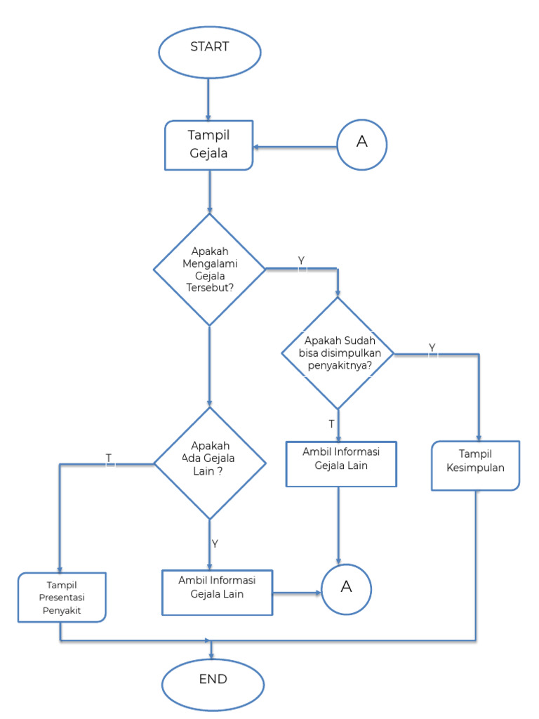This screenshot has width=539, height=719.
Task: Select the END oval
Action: pyautogui.click(x=213, y=680)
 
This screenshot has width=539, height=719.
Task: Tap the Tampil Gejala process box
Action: pyautogui.click(x=208, y=145)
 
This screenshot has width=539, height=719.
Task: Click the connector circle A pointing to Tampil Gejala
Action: pyautogui.click(x=361, y=143)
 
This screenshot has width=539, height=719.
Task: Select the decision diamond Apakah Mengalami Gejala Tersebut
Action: pyautogui.click(x=209, y=270)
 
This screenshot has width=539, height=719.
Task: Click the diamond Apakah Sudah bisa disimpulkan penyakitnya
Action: pyautogui.click(x=338, y=353)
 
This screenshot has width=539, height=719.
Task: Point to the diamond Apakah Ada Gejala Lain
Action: pyautogui.click(x=209, y=463)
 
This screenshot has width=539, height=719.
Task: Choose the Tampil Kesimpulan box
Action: pyautogui.click(x=475, y=465)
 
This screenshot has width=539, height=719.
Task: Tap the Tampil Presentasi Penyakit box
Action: pyautogui.click(x=62, y=597)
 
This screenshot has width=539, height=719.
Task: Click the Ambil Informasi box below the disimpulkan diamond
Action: pyautogui.click(x=341, y=463)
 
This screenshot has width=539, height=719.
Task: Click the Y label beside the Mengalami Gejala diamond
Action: pyautogui.click(x=301, y=260)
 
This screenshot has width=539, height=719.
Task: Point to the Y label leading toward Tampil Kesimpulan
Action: pyautogui.click(x=432, y=348)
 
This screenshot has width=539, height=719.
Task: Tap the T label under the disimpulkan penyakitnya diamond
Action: pyautogui.click(x=331, y=424)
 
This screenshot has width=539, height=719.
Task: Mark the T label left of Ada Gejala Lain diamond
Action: pyautogui.click(x=108, y=458)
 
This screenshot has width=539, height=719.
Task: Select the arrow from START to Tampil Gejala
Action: pyautogui.click(x=208, y=98)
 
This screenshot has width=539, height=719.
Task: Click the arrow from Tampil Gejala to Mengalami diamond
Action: pyautogui.click(x=209, y=191)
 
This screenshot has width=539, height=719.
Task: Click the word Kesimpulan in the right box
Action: pyautogui.click(x=475, y=466)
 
